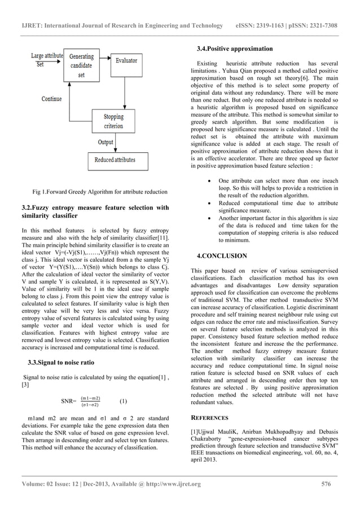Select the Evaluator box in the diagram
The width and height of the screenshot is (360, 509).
[x=126, y=60]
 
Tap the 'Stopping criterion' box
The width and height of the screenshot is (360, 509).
[x=113, y=121]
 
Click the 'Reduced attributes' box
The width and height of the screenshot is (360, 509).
[x=114, y=160]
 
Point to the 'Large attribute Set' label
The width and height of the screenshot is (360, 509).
[x=46, y=60]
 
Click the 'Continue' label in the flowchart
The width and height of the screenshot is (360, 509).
[x=51, y=99]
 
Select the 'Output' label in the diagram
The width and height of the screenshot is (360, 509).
[x=106, y=142]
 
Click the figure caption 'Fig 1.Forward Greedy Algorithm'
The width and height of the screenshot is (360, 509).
[x=99, y=192]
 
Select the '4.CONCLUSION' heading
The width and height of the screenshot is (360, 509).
[x=222, y=256]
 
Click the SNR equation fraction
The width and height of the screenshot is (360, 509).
[x=90, y=401]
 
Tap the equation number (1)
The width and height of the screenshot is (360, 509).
[x=123, y=402]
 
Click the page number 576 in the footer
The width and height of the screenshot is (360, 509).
[x=326, y=484]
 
